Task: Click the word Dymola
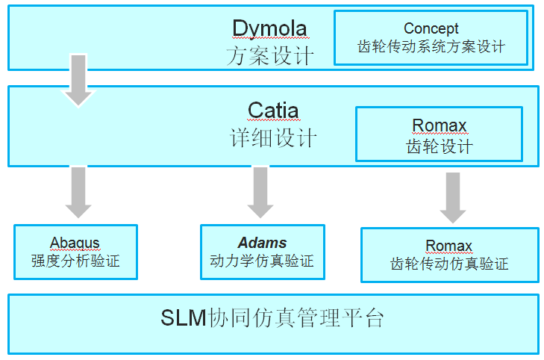click(x=269, y=28)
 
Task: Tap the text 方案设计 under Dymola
click(x=270, y=55)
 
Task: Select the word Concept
click(x=431, y=29)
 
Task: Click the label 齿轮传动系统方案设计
click(x=431, y=46)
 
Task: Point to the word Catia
click(x=273, y=111)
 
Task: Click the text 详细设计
click(x=273, y=137)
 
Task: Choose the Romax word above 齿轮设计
click(x=440, y=125)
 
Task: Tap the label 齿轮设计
click(x=440, y=146)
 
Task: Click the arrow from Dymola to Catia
click(x=78, y=80)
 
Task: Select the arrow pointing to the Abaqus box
click(x=78, y=193)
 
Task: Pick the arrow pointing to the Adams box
click(x=260, y=193)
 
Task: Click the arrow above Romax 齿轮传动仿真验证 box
click(x=453, y=198)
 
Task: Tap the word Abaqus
click(x=75, y=243)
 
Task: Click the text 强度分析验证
click(x=75, y=261)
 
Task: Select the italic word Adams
click(x=262, y=243)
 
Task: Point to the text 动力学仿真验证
click(x=262, y=261)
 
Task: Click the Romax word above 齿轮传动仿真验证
click(x=449, y=246)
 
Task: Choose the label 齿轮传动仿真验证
click(x=449, y=264)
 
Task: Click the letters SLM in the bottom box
click(x=184, y=317)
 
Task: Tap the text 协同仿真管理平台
click(x=296, y=317)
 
